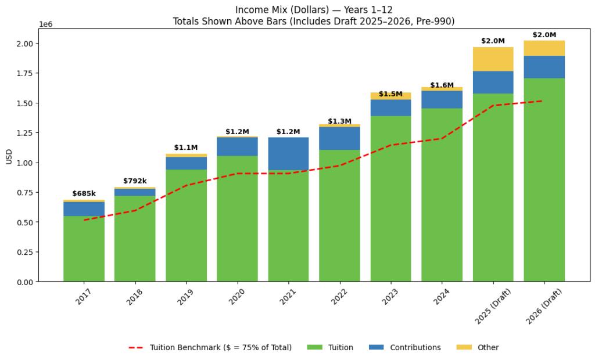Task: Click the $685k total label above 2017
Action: pos(84,194)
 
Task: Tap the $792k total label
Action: pos(135,181)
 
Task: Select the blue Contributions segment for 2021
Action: pos(288,153)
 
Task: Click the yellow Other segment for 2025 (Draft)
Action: pos(493,59)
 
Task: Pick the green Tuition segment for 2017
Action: pos(84,249)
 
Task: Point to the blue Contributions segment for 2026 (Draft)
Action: pos(544,67)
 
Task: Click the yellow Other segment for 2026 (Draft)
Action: pos(544,48)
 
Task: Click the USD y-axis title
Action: pos(9,156)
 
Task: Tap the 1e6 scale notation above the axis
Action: pos(46,24)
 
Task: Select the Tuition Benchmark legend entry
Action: pos(210,347)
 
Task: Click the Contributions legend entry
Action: pos(404,347)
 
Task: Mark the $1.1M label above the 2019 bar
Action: pos(186,148)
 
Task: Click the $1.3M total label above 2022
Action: pos(339,121)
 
